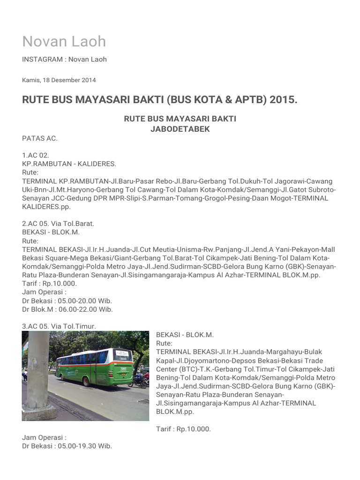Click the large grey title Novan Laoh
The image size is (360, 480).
click(x=64, y=41)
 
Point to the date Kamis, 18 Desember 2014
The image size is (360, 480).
click(x=59, y=80)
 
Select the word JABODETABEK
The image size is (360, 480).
click(x=180, y=129)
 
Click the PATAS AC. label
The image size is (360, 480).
click(x=40, y=138)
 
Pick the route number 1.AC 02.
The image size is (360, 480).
click(x=36, y=155)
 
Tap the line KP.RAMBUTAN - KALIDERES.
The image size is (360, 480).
click(x=69, y=164)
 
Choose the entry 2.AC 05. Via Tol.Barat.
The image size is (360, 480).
click(x=58, y=224)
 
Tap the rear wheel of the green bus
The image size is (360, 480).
click(x=86, y=381)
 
